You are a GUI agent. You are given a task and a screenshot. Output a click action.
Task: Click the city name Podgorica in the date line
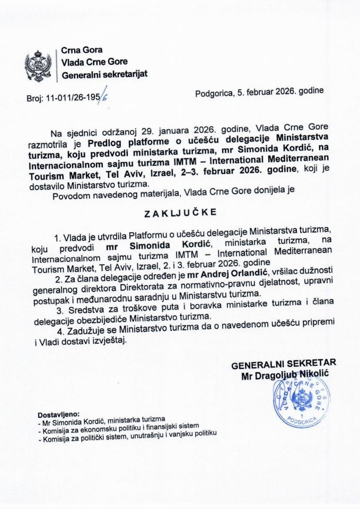click(213, 92)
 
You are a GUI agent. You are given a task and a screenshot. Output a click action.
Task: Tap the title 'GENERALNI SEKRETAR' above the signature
click(283, 364)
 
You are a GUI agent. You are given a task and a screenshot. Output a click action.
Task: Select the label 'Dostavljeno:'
click(58, 414)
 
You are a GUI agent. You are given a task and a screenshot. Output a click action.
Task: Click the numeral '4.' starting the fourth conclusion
click(75, 330)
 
